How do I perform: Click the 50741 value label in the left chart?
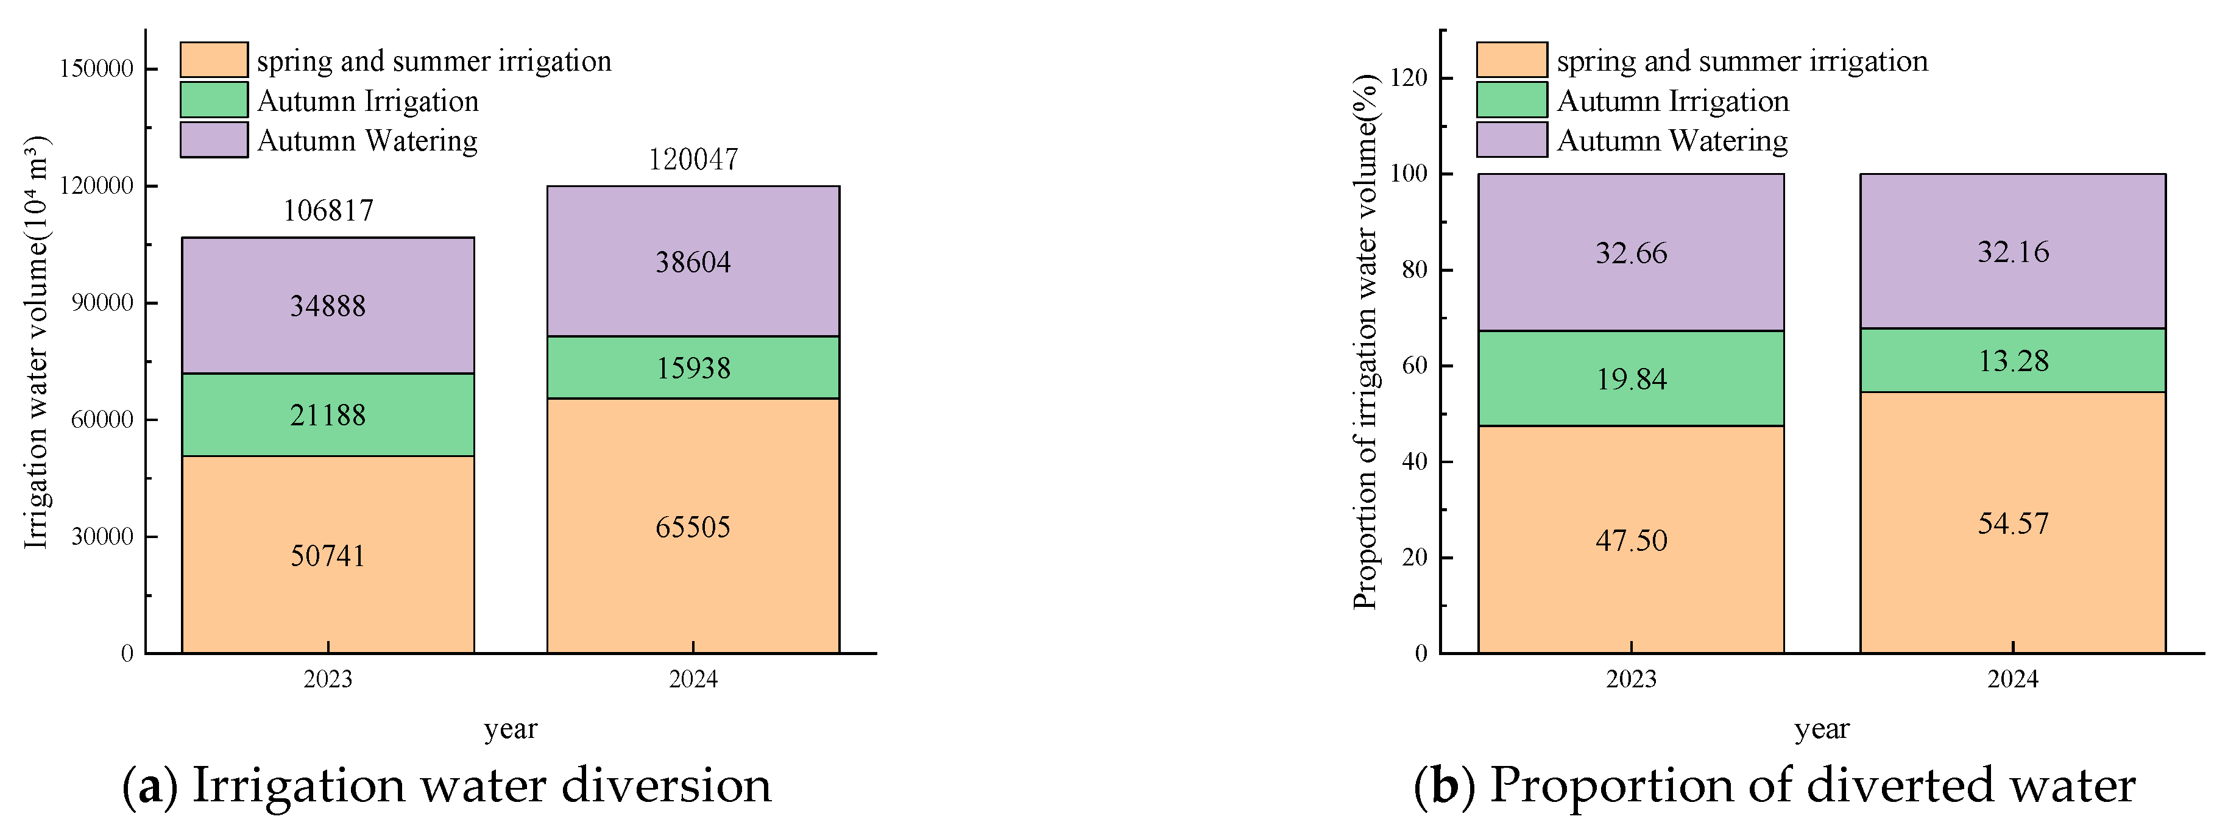pos(328,555)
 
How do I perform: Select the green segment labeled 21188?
pos(328,415)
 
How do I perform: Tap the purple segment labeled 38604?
pos(693,262)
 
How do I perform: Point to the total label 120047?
pos(693,159)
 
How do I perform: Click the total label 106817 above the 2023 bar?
pos(328,210)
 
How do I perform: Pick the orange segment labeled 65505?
pos(693,526)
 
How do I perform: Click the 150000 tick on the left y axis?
pos(96,69)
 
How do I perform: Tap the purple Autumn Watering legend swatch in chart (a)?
pos(214,140)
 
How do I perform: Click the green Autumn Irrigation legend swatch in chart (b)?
pos(1511,101)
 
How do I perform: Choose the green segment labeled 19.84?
pos(1630,379)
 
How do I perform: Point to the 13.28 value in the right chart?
pos(2014,361)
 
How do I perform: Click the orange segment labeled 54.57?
pos(2014,524)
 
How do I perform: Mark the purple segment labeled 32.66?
pos(1630,253)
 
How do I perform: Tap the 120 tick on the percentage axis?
pos(1409,78)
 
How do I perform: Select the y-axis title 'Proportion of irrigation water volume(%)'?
pos(1365,342)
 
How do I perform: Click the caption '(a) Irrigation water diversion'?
pos(447,785)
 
